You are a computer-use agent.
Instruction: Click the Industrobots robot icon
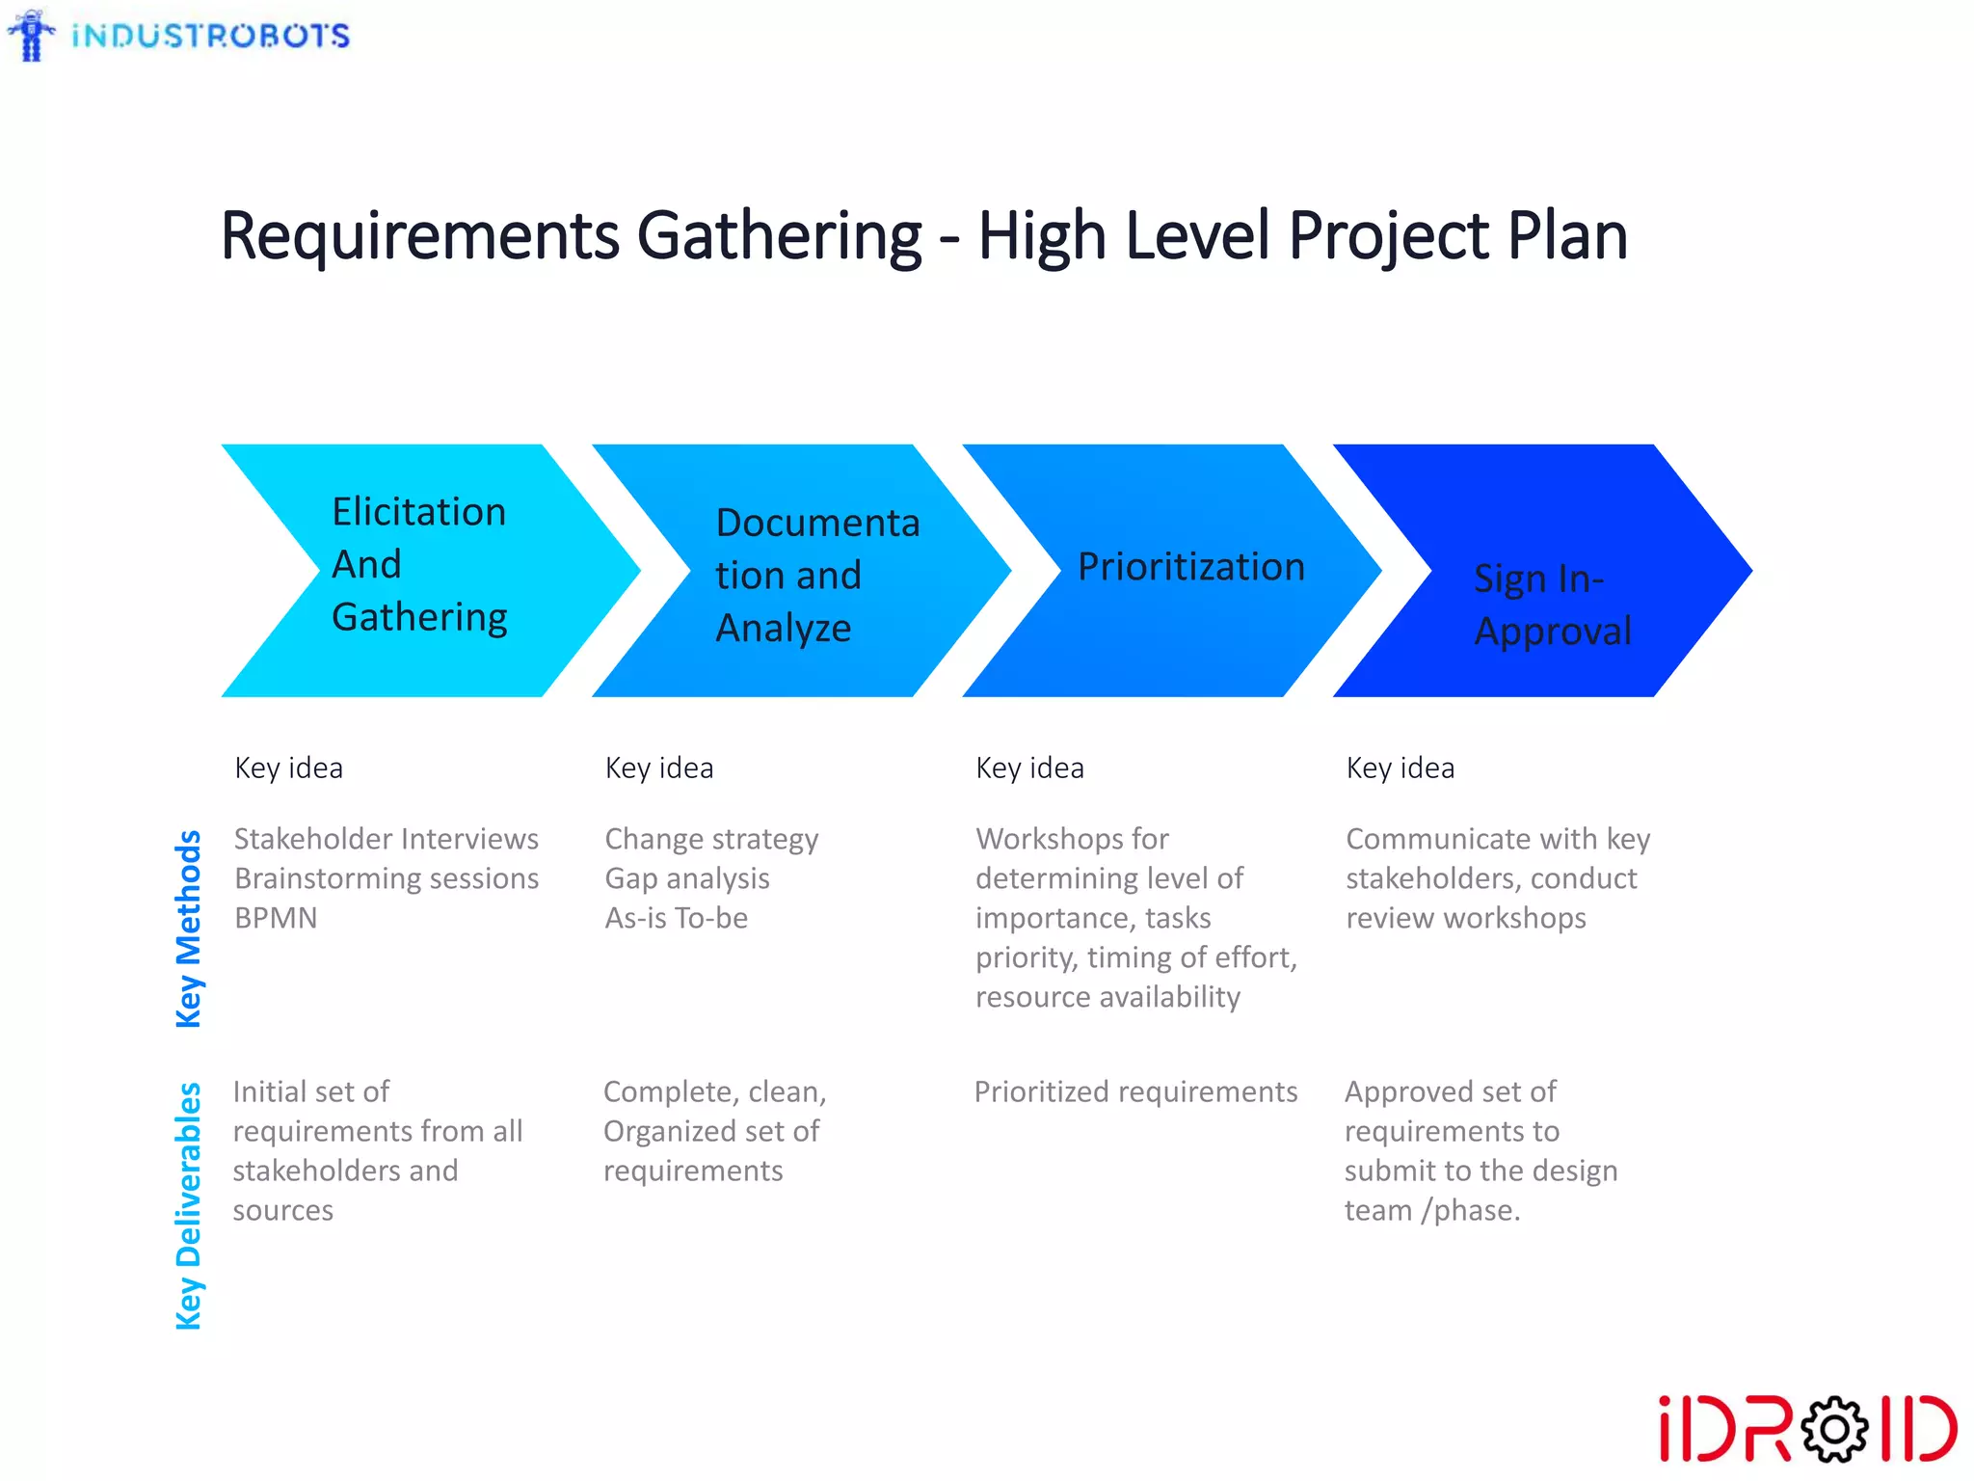(33, 36)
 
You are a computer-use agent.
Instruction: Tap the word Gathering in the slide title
(779, 236)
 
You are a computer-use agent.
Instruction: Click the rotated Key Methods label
(189, 929)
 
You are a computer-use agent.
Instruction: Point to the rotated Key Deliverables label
(189, 1205)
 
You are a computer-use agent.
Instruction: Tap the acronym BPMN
(276, 918)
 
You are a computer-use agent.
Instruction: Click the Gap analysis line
(687, 878)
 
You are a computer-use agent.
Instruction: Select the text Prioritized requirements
(1135, 1091)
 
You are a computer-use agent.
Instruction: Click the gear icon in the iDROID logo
(1833, 1429)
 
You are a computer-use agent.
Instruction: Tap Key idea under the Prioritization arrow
(1029, 768)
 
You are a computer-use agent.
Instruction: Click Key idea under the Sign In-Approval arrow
(1400, 768)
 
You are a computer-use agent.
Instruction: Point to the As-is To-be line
(676, 918)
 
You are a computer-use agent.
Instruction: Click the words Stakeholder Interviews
(386, 839)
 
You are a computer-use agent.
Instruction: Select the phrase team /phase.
(1431, 1210)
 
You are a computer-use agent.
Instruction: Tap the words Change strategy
(711, 839)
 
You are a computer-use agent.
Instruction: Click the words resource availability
(1107, 997)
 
